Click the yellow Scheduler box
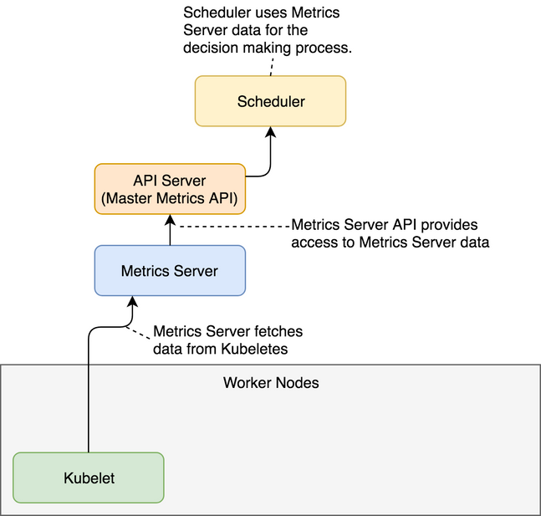coord(270,101)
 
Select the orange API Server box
coord(170,189)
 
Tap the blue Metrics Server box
coord(170,270)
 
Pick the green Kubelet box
coord(88,478)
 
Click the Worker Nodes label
coord(270,383)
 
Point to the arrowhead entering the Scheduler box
coord(270,131)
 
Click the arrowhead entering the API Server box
coord(170,220)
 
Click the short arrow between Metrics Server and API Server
coord(170,234)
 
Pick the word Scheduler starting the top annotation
coord(215,14)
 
